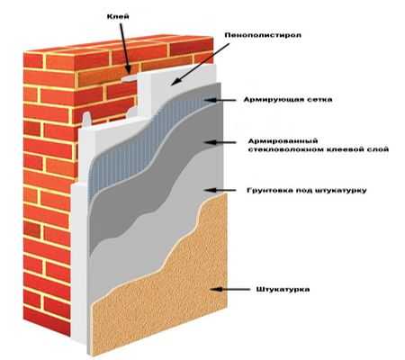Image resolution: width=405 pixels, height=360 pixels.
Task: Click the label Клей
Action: click(118, 16)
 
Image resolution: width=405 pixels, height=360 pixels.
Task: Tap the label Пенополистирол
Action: click(263, 35)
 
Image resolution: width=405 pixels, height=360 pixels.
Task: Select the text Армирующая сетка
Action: click(288, 100)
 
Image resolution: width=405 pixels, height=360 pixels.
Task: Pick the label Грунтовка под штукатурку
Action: click(307, 191)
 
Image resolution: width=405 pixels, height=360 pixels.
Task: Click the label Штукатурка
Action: click(283, 290)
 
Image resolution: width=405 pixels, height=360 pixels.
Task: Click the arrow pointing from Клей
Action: click(125, 49)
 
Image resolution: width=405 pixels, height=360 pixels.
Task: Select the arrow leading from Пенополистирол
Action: click(201, 64)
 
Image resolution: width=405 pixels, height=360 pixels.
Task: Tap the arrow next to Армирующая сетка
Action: click(220, 100)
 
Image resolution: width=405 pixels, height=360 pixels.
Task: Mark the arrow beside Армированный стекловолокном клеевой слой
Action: click(220, 142)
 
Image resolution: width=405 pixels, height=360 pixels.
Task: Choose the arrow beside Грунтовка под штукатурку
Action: click(220, 190)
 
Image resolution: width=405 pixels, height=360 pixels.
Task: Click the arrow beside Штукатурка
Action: click(229, 290)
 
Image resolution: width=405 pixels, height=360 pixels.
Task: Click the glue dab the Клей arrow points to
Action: click(130, 78)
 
